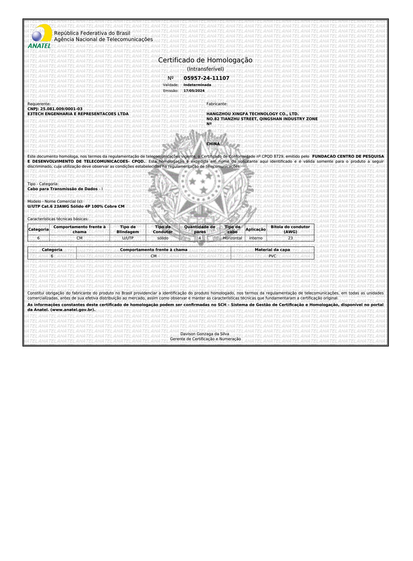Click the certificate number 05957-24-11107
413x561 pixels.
[x=206, y=78]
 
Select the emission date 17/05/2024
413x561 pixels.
[x=194, y=91]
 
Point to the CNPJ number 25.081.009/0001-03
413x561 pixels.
[x=61, y=109]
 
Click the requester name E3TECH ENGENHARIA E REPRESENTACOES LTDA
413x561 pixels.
[x=78, y=114]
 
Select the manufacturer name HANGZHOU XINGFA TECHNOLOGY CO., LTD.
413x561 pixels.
[x=253, y=114]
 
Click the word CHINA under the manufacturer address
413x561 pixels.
[x=213, y=144]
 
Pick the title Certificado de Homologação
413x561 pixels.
[x=205, y=60]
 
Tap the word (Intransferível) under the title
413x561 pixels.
[x=205, y=69]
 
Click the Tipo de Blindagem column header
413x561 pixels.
[x=128, y=229]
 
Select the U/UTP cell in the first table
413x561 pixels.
[x=128, y=238]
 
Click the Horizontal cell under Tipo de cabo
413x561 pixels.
[x=233, y=238]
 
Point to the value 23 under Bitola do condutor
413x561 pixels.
[x=290, y=238]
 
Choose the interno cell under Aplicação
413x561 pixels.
[x=256, y=238]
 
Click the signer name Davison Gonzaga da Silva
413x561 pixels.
[x=205, y=334]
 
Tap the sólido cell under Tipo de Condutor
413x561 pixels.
[x=163, y=238]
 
